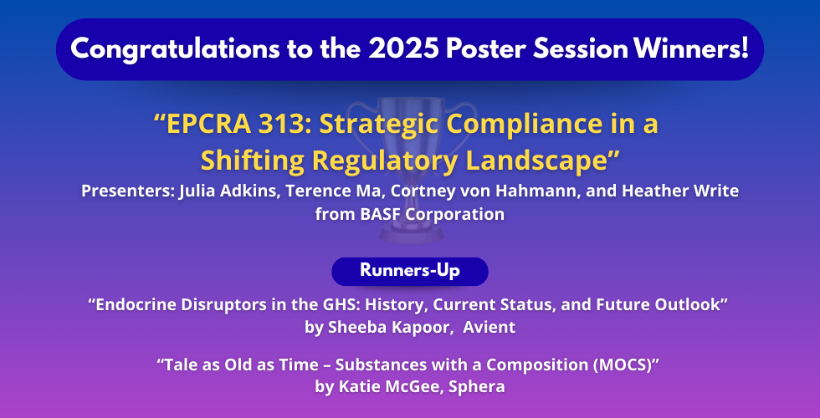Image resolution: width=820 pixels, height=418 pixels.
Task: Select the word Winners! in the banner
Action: pos(691,48)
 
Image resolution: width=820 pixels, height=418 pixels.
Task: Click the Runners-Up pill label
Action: pos(410,271)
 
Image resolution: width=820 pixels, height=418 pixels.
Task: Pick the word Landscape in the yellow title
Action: pos(542,161)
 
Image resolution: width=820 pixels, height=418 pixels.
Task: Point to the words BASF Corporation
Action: pos(433,214)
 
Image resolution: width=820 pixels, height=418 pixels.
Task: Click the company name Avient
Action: pos(489,328)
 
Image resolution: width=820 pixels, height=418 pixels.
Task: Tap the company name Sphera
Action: pos(476,387)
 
